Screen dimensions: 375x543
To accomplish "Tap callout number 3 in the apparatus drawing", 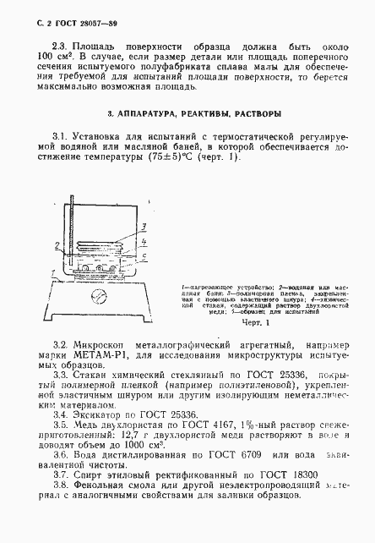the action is click(x=146, y=225).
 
